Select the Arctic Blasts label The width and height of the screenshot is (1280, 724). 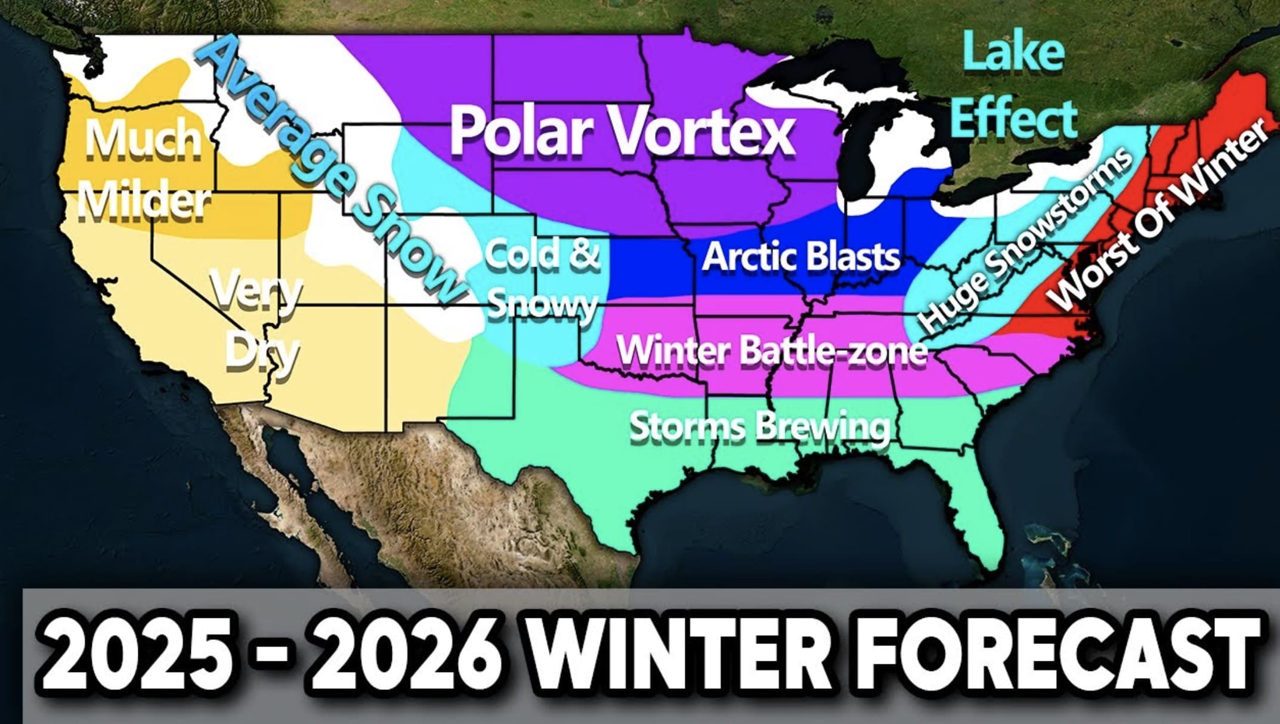click(801, 257)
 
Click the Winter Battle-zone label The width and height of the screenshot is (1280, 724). click(771, 350)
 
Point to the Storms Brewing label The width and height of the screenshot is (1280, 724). click(759, 427)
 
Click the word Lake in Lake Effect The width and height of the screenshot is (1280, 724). click(1013, 52)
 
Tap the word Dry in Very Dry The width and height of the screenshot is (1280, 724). click(261, 352)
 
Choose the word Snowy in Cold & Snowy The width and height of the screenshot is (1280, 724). click(542, 305)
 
